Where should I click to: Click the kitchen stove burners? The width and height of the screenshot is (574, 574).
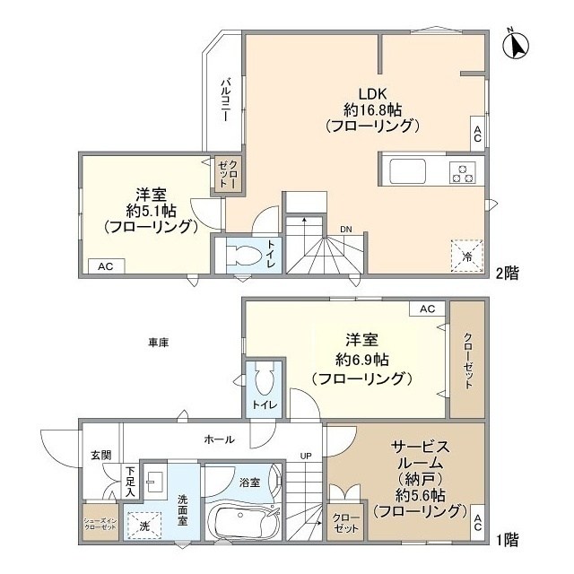click(464, 170)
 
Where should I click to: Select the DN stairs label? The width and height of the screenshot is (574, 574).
click(345, 230)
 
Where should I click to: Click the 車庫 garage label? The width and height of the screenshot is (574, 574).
click(160, 343)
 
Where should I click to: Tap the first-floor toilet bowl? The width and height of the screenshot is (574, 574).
click(264, 382)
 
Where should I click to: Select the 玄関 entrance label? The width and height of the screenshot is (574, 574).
click(100, 455)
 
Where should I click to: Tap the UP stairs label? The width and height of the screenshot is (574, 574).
click(306, 456)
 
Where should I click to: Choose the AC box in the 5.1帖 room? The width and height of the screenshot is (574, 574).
click(106, 265)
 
